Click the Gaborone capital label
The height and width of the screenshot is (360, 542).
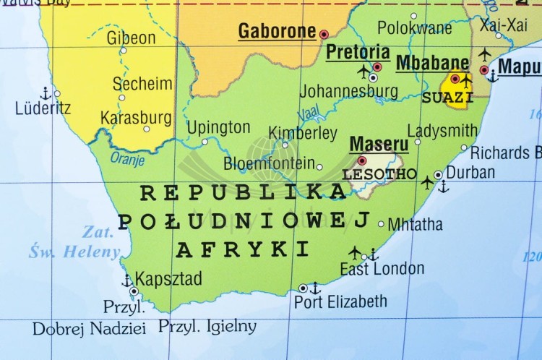(x=277, y=31)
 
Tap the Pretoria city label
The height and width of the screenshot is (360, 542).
(x=358, y=52)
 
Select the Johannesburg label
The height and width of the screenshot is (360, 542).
(x=348, y=92)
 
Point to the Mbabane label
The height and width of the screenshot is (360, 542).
(x=432, y=62)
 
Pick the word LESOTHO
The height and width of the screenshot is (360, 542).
(x=379, y=174)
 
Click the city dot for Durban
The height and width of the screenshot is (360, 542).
(x=438, y=175)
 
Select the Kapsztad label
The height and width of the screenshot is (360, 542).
(x=168, y=278)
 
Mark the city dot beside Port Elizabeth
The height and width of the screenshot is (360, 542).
(x=303, y=288)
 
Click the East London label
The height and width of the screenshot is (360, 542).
(x=382, y=269)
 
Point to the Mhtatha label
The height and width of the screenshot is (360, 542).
(x=415, y=224)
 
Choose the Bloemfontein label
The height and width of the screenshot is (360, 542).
(x=269, y=163)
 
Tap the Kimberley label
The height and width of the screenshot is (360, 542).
(x=303, y=133)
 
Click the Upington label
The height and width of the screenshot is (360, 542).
(x=218, y=128)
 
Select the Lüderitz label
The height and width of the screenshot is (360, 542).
(x=43, y=108)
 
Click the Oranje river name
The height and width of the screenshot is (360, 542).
(x=127, y=158)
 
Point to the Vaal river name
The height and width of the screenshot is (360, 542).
(x=309, y=113)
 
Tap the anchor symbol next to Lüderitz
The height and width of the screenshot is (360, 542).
(x=45, y=93)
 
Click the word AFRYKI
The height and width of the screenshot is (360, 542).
(x=242, y=249)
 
